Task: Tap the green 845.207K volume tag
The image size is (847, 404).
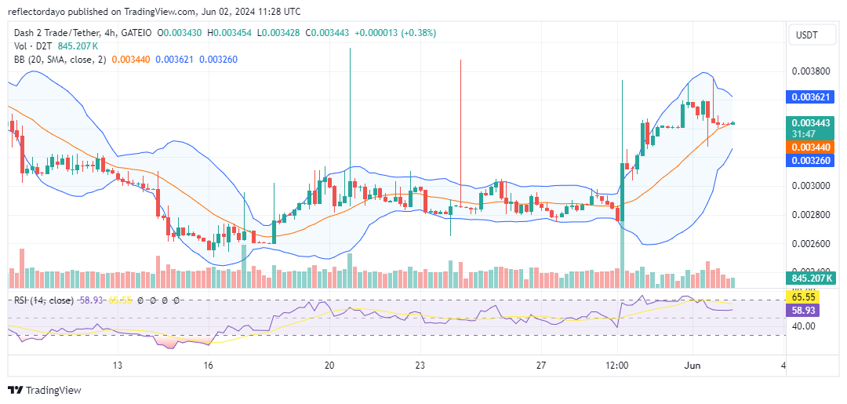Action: click(x=811, y=278)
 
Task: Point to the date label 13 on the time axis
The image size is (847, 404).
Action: click(x=118, y=366)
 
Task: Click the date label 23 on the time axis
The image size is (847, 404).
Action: click(x=420, y=366)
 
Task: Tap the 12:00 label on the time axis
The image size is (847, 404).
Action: click(x=618, y=366)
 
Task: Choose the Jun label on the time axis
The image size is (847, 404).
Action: click(x=693, y=366)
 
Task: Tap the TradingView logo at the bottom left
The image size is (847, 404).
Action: click(x=44, y=390)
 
